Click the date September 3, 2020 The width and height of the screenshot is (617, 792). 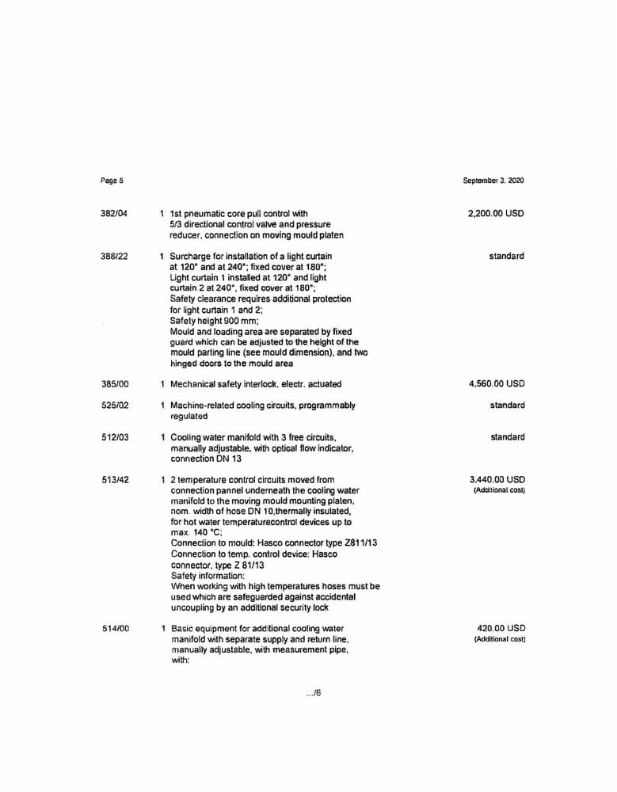point(493,181)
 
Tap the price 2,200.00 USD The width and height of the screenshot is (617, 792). point(496,214)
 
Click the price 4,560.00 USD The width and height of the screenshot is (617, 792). point(496,384)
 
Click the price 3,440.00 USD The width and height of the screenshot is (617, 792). point(497,480)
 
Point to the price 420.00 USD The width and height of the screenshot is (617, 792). point(501,628)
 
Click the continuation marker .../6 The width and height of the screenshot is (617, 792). point(313,694)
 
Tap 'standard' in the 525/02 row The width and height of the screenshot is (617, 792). point(507,406)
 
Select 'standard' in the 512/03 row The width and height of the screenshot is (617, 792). point(507,437)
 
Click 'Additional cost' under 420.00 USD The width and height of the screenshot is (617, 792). point(500,639)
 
